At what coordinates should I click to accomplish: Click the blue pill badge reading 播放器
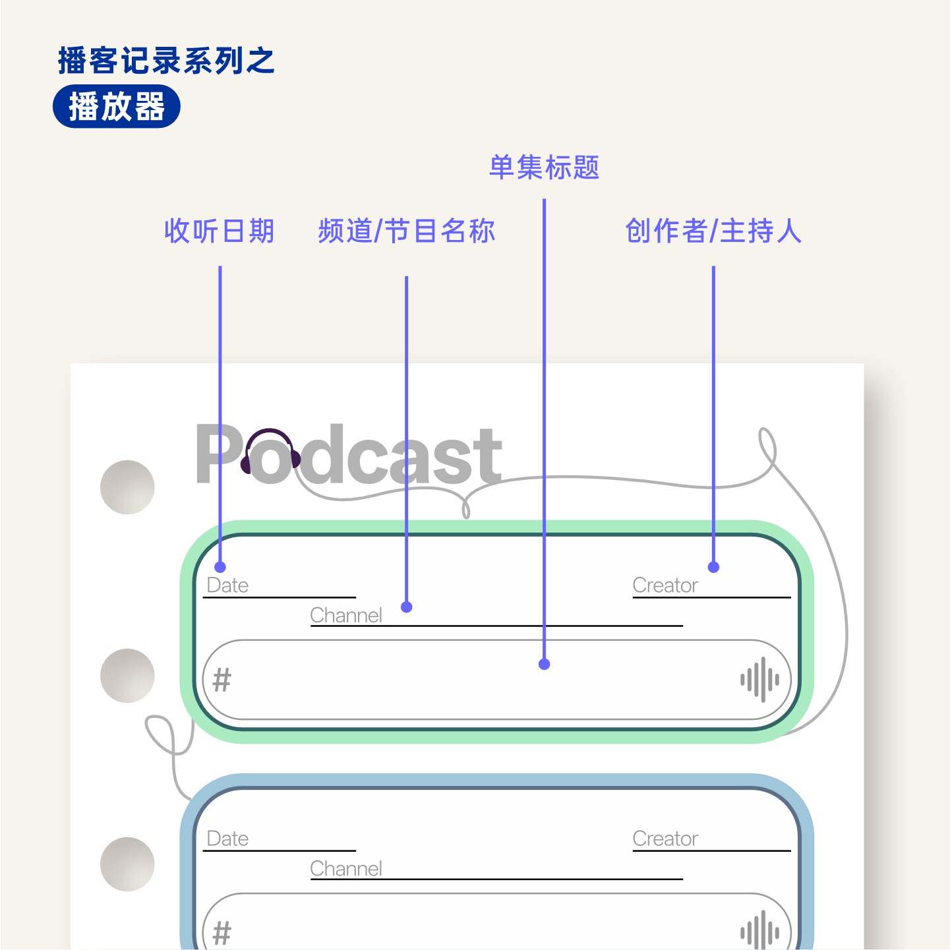pos(116,107)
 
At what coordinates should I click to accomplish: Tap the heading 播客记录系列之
pos(166,61)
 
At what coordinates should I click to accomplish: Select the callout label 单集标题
pos(544,167)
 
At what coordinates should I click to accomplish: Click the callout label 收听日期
pos(219,231)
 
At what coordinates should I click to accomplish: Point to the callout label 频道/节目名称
pos(406,231)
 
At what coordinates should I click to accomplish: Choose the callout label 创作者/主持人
pos(713,231)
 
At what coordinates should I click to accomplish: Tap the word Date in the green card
pos(227,585)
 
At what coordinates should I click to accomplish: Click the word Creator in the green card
pos(665,585)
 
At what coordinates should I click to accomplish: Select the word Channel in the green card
pos(346,615)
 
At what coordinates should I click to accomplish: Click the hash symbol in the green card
pos(222,680)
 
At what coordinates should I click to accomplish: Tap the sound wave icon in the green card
pos(759,679)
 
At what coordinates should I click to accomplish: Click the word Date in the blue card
pos(227,839)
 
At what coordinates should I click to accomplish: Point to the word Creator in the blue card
pos(665,839)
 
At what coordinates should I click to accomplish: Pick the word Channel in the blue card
pos(346,869)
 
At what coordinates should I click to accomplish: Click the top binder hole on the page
pos(127,487)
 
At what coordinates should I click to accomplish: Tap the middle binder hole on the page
pos(127,676)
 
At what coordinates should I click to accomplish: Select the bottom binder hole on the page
pos(127,864)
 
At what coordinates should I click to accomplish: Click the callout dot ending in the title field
pos(544,665)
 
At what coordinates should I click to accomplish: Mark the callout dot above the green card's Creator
pos(713,567)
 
